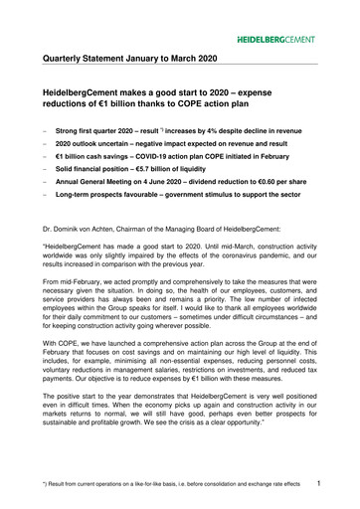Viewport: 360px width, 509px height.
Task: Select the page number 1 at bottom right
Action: tap(341, 485)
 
